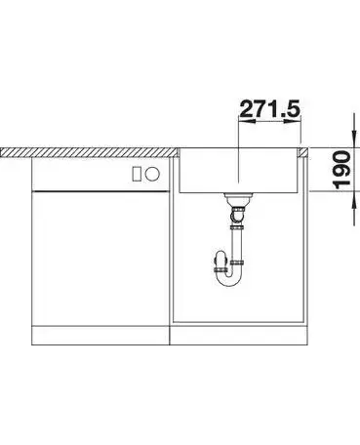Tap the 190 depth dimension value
pyautogui.click(x=342, y=170)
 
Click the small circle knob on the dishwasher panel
pyautogui.click(x=152, y=174)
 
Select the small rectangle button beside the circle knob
pyautogui.click(x=137, y=174)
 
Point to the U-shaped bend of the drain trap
pyautogui.click(x=229, y=277)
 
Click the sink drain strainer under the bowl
pyautogui.click(x=238, y=197)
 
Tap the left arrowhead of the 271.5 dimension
pyautogui.click(x=247, y=121)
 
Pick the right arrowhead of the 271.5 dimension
pyautogui.click(x=293, y=121)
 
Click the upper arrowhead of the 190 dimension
pyautogui.click(x=354, y=140)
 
